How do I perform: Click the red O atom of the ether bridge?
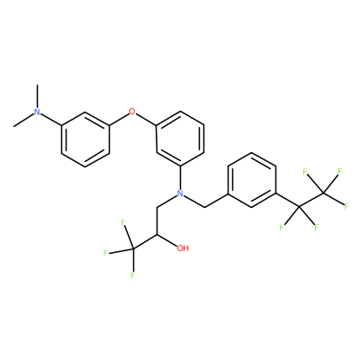click(132, 112)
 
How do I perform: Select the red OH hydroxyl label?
click(183, 248)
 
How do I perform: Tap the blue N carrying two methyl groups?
click(37, 112)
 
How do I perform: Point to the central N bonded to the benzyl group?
click(180, 193)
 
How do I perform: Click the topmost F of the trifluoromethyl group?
click(122, 222)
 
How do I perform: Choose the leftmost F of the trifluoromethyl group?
click(105, 254)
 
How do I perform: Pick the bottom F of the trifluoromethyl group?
click(132, 275)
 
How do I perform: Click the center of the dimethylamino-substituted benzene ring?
click(85, 139)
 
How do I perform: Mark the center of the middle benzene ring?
click(180, 139)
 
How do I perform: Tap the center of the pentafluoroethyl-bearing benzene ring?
click(251, 180)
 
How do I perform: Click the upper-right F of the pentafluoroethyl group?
click(339, 172)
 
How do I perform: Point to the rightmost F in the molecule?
click(346, 206)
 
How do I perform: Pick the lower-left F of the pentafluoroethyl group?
click(282, 228)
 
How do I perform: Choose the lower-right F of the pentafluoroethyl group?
click(316, 228)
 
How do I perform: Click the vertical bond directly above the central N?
click(180, 177)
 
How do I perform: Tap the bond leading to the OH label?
click(166, 240)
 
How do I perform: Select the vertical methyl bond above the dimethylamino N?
click(37, 96)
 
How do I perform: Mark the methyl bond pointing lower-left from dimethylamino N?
click(23, 120)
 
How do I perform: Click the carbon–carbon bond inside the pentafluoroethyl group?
click(311, 200)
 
